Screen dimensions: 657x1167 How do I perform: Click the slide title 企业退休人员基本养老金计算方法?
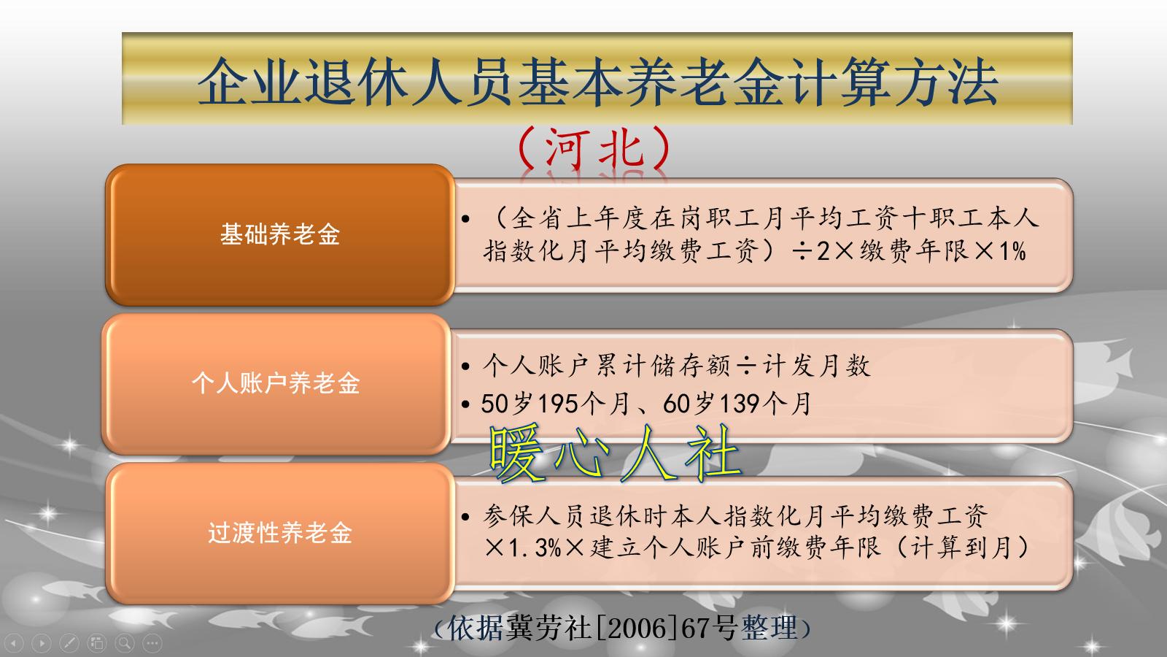tap(597, 80)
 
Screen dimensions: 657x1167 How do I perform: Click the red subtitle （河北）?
tap(593, 148)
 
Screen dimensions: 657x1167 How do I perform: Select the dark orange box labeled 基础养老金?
tap(280, 234)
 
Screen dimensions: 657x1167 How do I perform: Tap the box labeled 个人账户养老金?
tap(276, 383)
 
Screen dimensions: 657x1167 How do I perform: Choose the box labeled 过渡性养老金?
tap(280, 532)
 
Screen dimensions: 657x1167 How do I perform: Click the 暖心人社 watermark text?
tap(615, 453)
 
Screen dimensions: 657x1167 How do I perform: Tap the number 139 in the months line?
tap(739, 403)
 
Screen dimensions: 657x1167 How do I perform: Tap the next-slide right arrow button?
tap(42, 643)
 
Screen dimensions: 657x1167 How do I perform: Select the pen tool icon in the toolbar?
tap(69, 643)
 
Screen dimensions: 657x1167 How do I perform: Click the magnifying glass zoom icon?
tap(125, 643)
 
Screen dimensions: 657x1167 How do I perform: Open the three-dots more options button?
tap(152, 643)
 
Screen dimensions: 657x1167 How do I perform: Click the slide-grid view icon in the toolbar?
tap(97, 643)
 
